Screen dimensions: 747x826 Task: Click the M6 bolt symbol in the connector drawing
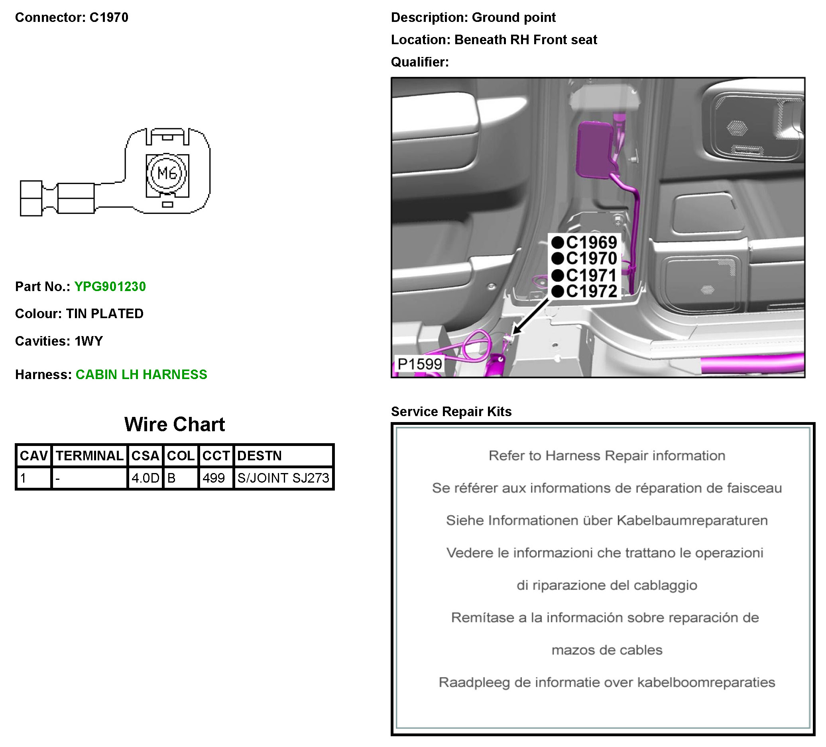click(x=167, y=173)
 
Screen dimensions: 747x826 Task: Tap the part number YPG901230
click(x=110, y=287)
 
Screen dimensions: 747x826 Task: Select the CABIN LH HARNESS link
click(x=142, y=375)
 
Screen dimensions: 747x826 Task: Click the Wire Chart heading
click(x=175, y=424)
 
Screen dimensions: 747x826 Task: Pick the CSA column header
click(x=145, y=456)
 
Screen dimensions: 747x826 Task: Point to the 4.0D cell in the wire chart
click(x=145, y=478)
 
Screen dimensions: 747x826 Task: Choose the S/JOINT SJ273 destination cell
click(x=283, y=478)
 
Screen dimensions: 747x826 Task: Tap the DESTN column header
click(x=260, y=456)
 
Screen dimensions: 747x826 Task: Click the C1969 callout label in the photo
click(x=591, y=243)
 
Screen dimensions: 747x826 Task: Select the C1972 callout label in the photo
click(x=591, y=291)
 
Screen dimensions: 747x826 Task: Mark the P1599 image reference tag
click(x=419, y=364)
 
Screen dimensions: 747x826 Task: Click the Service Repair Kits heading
click(x=451, y=411)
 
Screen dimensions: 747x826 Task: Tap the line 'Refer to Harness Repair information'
click(x=607, y=456)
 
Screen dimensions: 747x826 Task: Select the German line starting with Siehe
click(x=607, y=520)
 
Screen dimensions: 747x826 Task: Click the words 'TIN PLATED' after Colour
click(x=105, y=314)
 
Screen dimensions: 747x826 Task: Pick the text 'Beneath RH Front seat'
click(x=525, y=40)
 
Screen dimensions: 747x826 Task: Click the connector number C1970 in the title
click(x=108, y=18)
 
